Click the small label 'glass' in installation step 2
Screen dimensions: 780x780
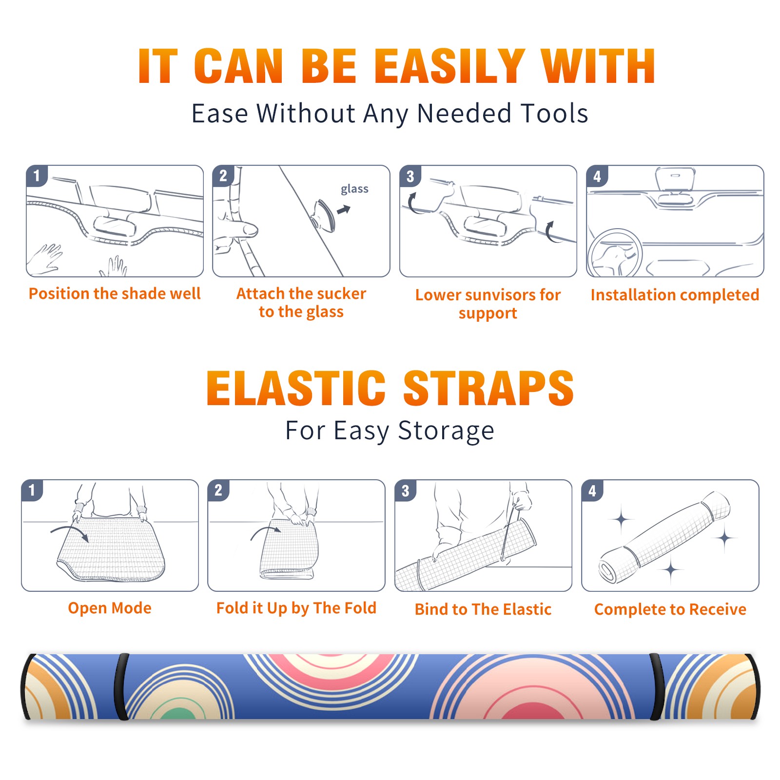click(354, 189)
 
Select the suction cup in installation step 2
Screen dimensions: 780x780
click(325, 215)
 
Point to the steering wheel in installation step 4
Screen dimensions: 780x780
click(614, 253)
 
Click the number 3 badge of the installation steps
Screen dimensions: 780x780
click(410, 176)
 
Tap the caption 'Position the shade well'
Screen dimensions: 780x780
click(115, 293)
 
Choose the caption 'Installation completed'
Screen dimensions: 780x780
click(675, 294)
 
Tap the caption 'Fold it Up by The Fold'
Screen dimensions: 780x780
click(296, 608)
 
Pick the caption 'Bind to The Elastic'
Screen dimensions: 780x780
click(483, 609)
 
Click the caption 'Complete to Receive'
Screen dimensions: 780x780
click(670, 609)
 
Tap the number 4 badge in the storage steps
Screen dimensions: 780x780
click(592, 490)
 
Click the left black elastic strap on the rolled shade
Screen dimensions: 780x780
click(121, 687)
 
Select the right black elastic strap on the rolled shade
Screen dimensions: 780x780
click(657, 687)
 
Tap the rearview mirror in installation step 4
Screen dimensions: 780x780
click(675, 178)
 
